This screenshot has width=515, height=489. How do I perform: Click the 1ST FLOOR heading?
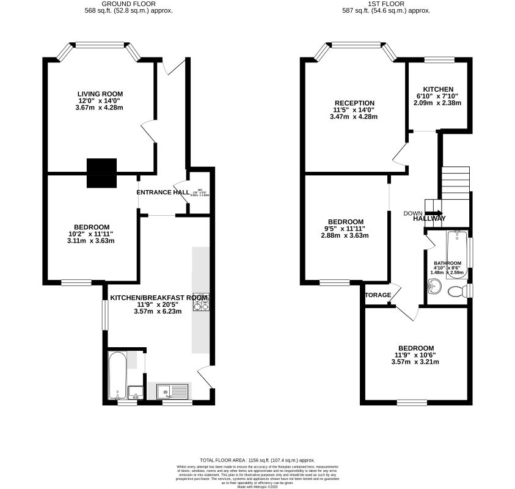pyautogui.click(x=387, y=3)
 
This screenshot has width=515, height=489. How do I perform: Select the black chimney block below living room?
pyautogui.click(x=101, y=173)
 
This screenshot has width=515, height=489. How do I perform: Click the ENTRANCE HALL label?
pyautogui.click(x=163, y=192)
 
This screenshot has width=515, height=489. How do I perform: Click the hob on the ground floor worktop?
pyautogui.click(x=201, y=301)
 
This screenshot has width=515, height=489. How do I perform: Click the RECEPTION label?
pyautogui.click(x=354, y=103)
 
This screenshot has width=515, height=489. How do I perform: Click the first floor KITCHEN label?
pyautogui.click(x=439, y=89)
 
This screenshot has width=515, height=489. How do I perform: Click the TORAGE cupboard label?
pyautogui.click(x=378, y=295)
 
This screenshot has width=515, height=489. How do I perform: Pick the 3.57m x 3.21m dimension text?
pyautogui.click(x=415, y=362)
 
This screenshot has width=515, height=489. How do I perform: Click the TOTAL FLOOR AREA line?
pyautogui.click(x=257, y=459)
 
